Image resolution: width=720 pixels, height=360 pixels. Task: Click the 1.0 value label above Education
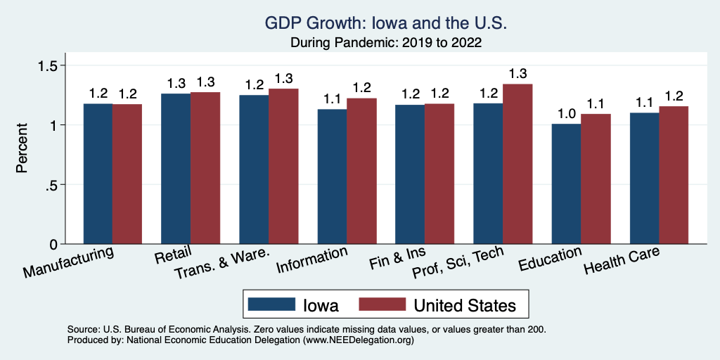click(x=565, y=112)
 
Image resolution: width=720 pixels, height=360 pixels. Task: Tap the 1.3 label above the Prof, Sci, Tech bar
click(x=517, y=73)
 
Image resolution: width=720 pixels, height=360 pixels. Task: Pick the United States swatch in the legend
click(x=382, y=305)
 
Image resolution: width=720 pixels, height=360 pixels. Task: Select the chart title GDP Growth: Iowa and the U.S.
click(x=385, y=23)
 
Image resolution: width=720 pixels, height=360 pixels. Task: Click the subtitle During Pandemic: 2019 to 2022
click(x=385, y=43)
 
